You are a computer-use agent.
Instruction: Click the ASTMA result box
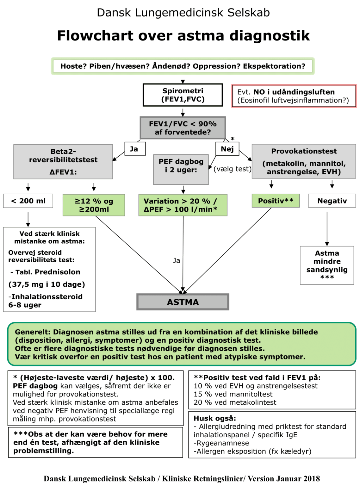[x=183, y=302]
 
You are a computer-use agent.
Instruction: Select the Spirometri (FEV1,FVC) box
[x=183, y=95]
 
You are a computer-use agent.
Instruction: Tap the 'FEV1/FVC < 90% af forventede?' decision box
[x=183, y=128]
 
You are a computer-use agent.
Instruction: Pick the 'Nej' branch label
[x=227, y=149]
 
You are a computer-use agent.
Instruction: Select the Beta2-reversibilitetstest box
[x=63, y=162]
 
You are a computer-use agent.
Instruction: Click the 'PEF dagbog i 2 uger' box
[x=181, y=169]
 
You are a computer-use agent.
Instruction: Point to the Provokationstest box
[x=304, y=161]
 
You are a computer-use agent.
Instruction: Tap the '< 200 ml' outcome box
[x=28, y=201]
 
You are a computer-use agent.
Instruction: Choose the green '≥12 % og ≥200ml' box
[x=94, y=205]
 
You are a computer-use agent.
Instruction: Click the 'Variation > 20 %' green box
[x=183, y=205]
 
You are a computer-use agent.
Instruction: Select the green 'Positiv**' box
[x=276, y=201]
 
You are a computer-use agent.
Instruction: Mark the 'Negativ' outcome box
[x=332, y=201]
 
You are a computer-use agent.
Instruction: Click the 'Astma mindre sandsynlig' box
[x=327, y=265]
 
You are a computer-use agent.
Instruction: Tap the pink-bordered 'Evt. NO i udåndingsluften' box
[x=294, y=96]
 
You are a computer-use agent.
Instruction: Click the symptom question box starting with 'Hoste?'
[x=183, y=66]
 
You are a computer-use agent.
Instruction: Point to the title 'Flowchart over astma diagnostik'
[x=183, y=35]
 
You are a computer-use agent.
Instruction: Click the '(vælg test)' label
[x=232, y=169]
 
